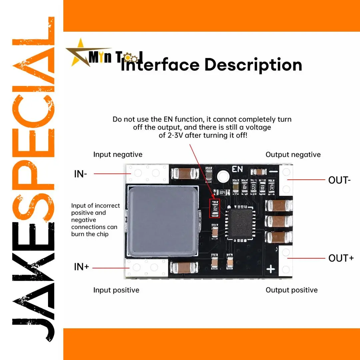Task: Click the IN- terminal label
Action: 80,174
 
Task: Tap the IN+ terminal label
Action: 81,267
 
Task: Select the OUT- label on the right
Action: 339,180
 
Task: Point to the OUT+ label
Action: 341,258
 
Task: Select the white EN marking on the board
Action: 238,169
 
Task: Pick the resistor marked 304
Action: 222,193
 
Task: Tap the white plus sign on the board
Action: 271,269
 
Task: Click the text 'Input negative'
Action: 118,154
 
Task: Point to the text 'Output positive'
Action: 291,290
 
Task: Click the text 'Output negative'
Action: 293,154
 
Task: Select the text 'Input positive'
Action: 116,290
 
